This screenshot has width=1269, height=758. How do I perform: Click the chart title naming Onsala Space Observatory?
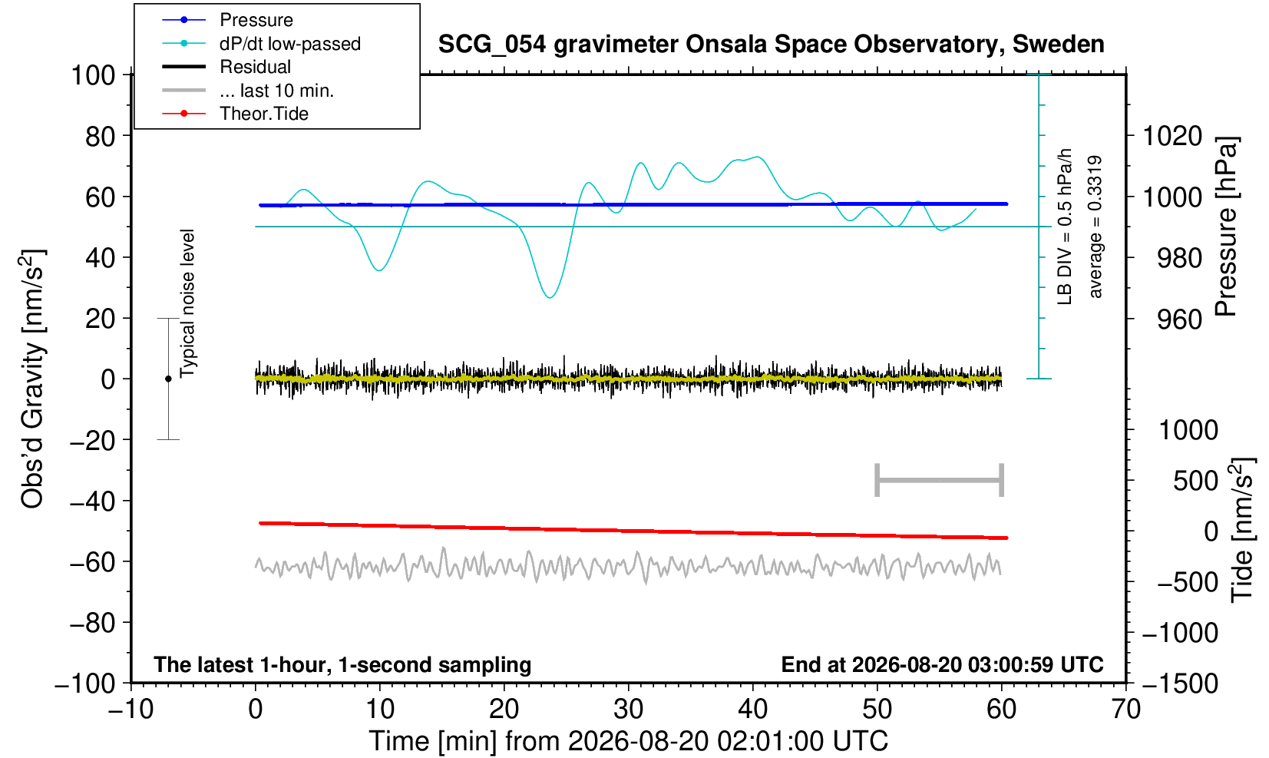point(771,45)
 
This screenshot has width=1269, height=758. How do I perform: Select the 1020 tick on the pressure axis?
point(1172,136)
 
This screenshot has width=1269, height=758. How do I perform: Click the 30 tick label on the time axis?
point(629,710)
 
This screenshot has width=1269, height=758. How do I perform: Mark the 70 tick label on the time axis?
point(1125,710)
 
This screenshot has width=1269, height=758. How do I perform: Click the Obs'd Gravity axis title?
point(32,379)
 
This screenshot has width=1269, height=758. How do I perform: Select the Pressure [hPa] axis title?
point(1227,227)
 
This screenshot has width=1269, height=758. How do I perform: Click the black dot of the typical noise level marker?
point(168,379)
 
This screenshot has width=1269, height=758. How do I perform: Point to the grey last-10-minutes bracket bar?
point(940,480)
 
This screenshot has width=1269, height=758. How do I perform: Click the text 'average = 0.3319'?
point(1096,227)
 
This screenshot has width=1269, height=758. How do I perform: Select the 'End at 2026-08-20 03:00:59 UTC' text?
point(942,664)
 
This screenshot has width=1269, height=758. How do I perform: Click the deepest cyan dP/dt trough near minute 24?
point(550,298)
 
